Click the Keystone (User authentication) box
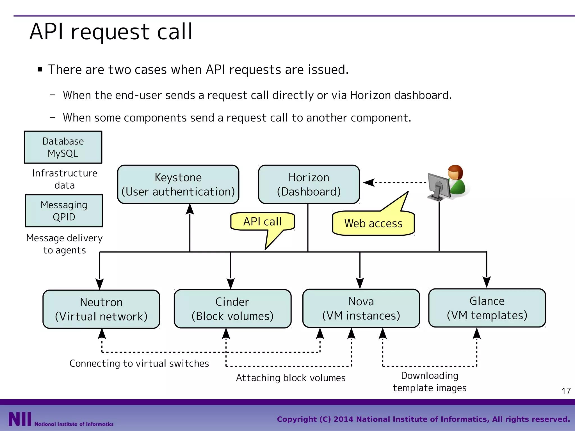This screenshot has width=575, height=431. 178,184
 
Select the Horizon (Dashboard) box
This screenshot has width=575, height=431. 309,184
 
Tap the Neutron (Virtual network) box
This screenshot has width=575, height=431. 101,309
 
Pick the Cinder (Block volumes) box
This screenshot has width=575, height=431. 232,309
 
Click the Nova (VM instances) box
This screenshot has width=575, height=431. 361,308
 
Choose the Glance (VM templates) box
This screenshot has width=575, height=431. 487,308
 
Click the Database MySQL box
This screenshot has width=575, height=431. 63,147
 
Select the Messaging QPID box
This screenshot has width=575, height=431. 64,211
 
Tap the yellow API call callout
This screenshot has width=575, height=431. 262,221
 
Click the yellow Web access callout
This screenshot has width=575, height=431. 373,223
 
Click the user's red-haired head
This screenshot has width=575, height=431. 455,172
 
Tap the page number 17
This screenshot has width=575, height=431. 566,391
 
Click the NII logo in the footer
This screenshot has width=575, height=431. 20,419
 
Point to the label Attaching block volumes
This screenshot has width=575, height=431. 291,378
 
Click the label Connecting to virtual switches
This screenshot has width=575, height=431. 139,363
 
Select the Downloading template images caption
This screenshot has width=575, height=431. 430,382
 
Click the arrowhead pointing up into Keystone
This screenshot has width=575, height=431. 190,209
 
